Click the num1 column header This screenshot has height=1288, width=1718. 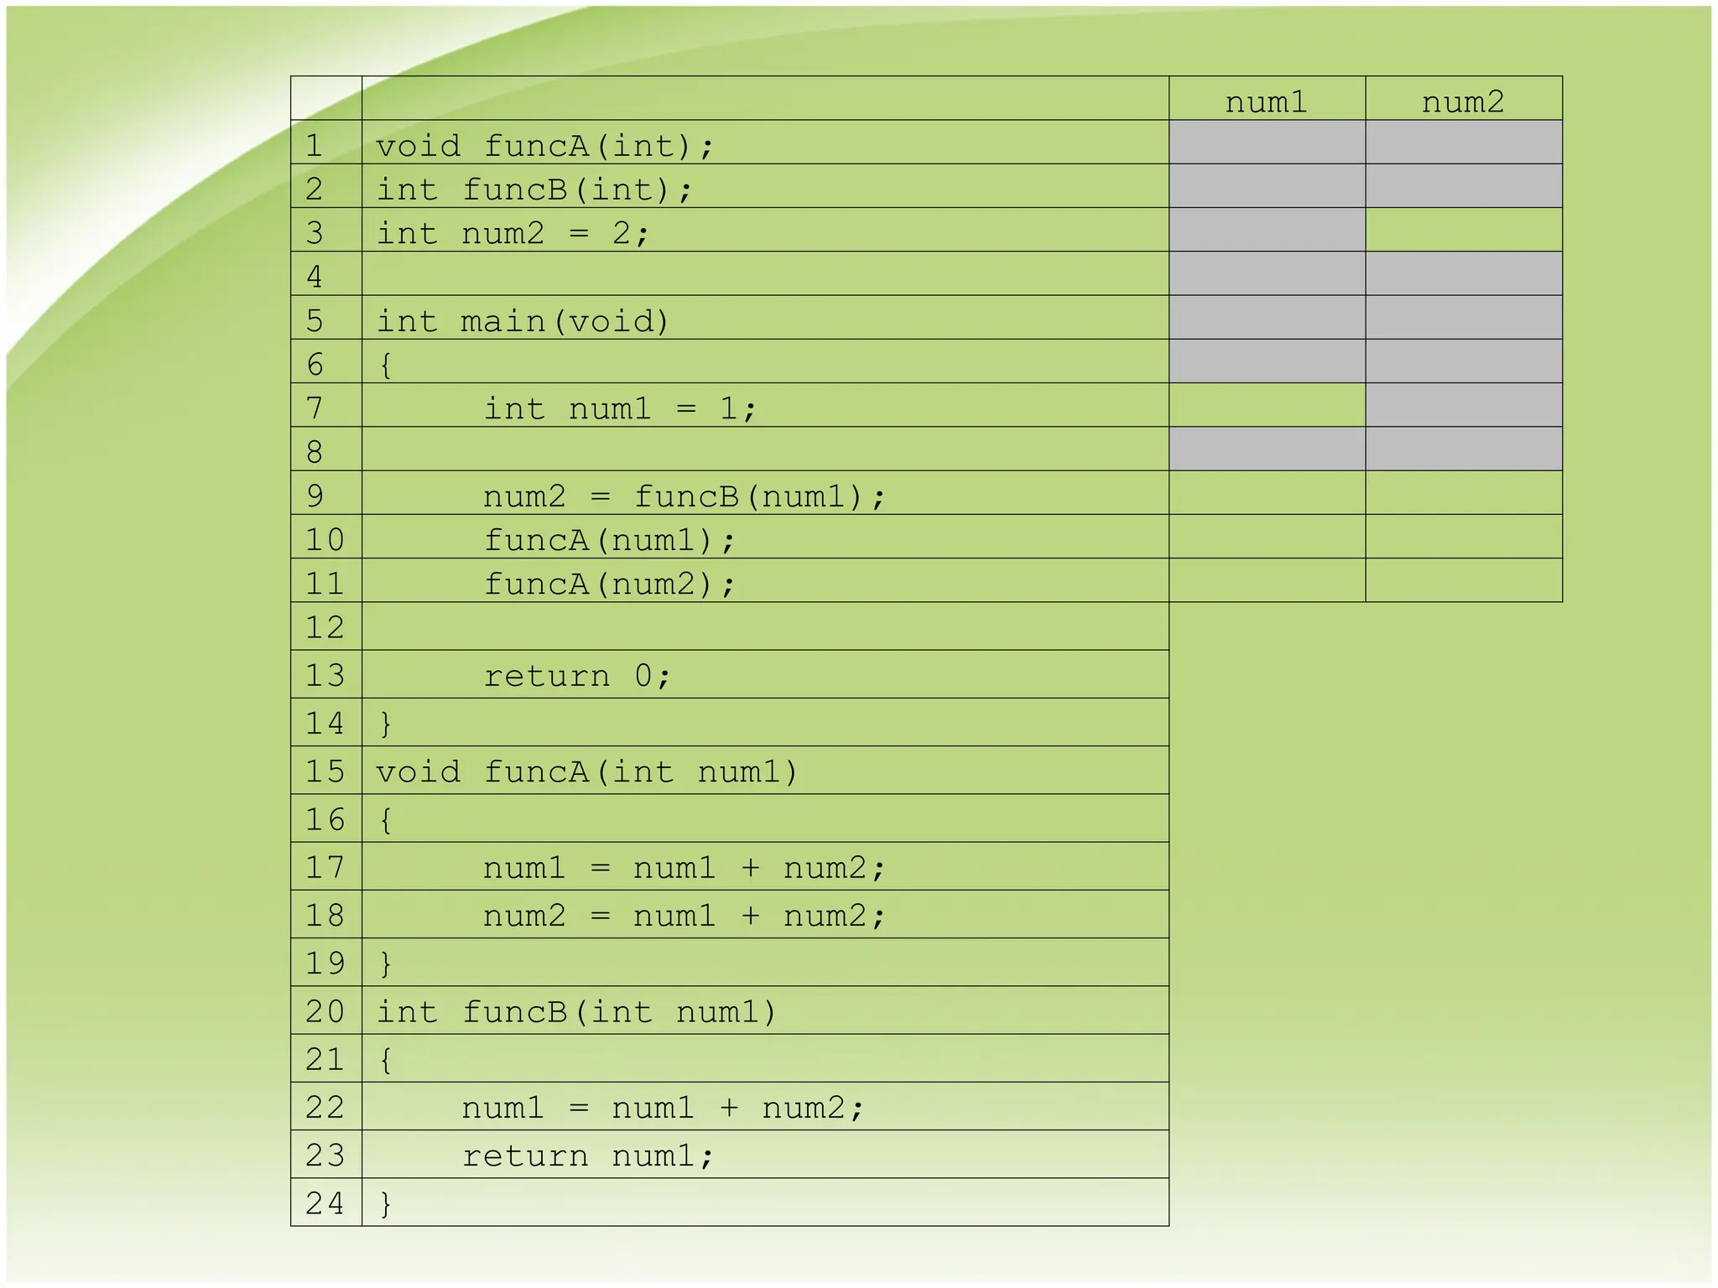tap(1267, 102)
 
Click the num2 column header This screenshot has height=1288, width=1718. tap(1463, 102)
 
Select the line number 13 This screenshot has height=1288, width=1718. tap(325, 675)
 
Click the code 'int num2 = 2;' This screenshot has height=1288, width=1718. tap(513, 233)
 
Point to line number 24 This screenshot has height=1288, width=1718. tap(325, 1203)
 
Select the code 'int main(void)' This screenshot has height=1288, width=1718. tap(522, 321)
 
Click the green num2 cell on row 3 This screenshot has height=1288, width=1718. tap(1463, 230)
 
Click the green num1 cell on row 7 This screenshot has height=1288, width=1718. tap(1267, 405)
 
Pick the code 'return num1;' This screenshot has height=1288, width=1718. tap(587, 1156)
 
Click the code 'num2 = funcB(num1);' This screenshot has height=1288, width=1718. tap(684, 496)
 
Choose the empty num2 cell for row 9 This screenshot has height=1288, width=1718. tap(1463, 493)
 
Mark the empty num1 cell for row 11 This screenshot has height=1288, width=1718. tap(1267, 580)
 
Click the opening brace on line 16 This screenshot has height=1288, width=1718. tap(386, 819)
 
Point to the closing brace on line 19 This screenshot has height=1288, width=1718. tap(386, 963)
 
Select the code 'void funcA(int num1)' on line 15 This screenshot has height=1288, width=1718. tap(586, 771)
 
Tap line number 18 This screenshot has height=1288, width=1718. tap(325, 915)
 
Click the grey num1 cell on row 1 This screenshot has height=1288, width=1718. tap(1267, 142)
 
